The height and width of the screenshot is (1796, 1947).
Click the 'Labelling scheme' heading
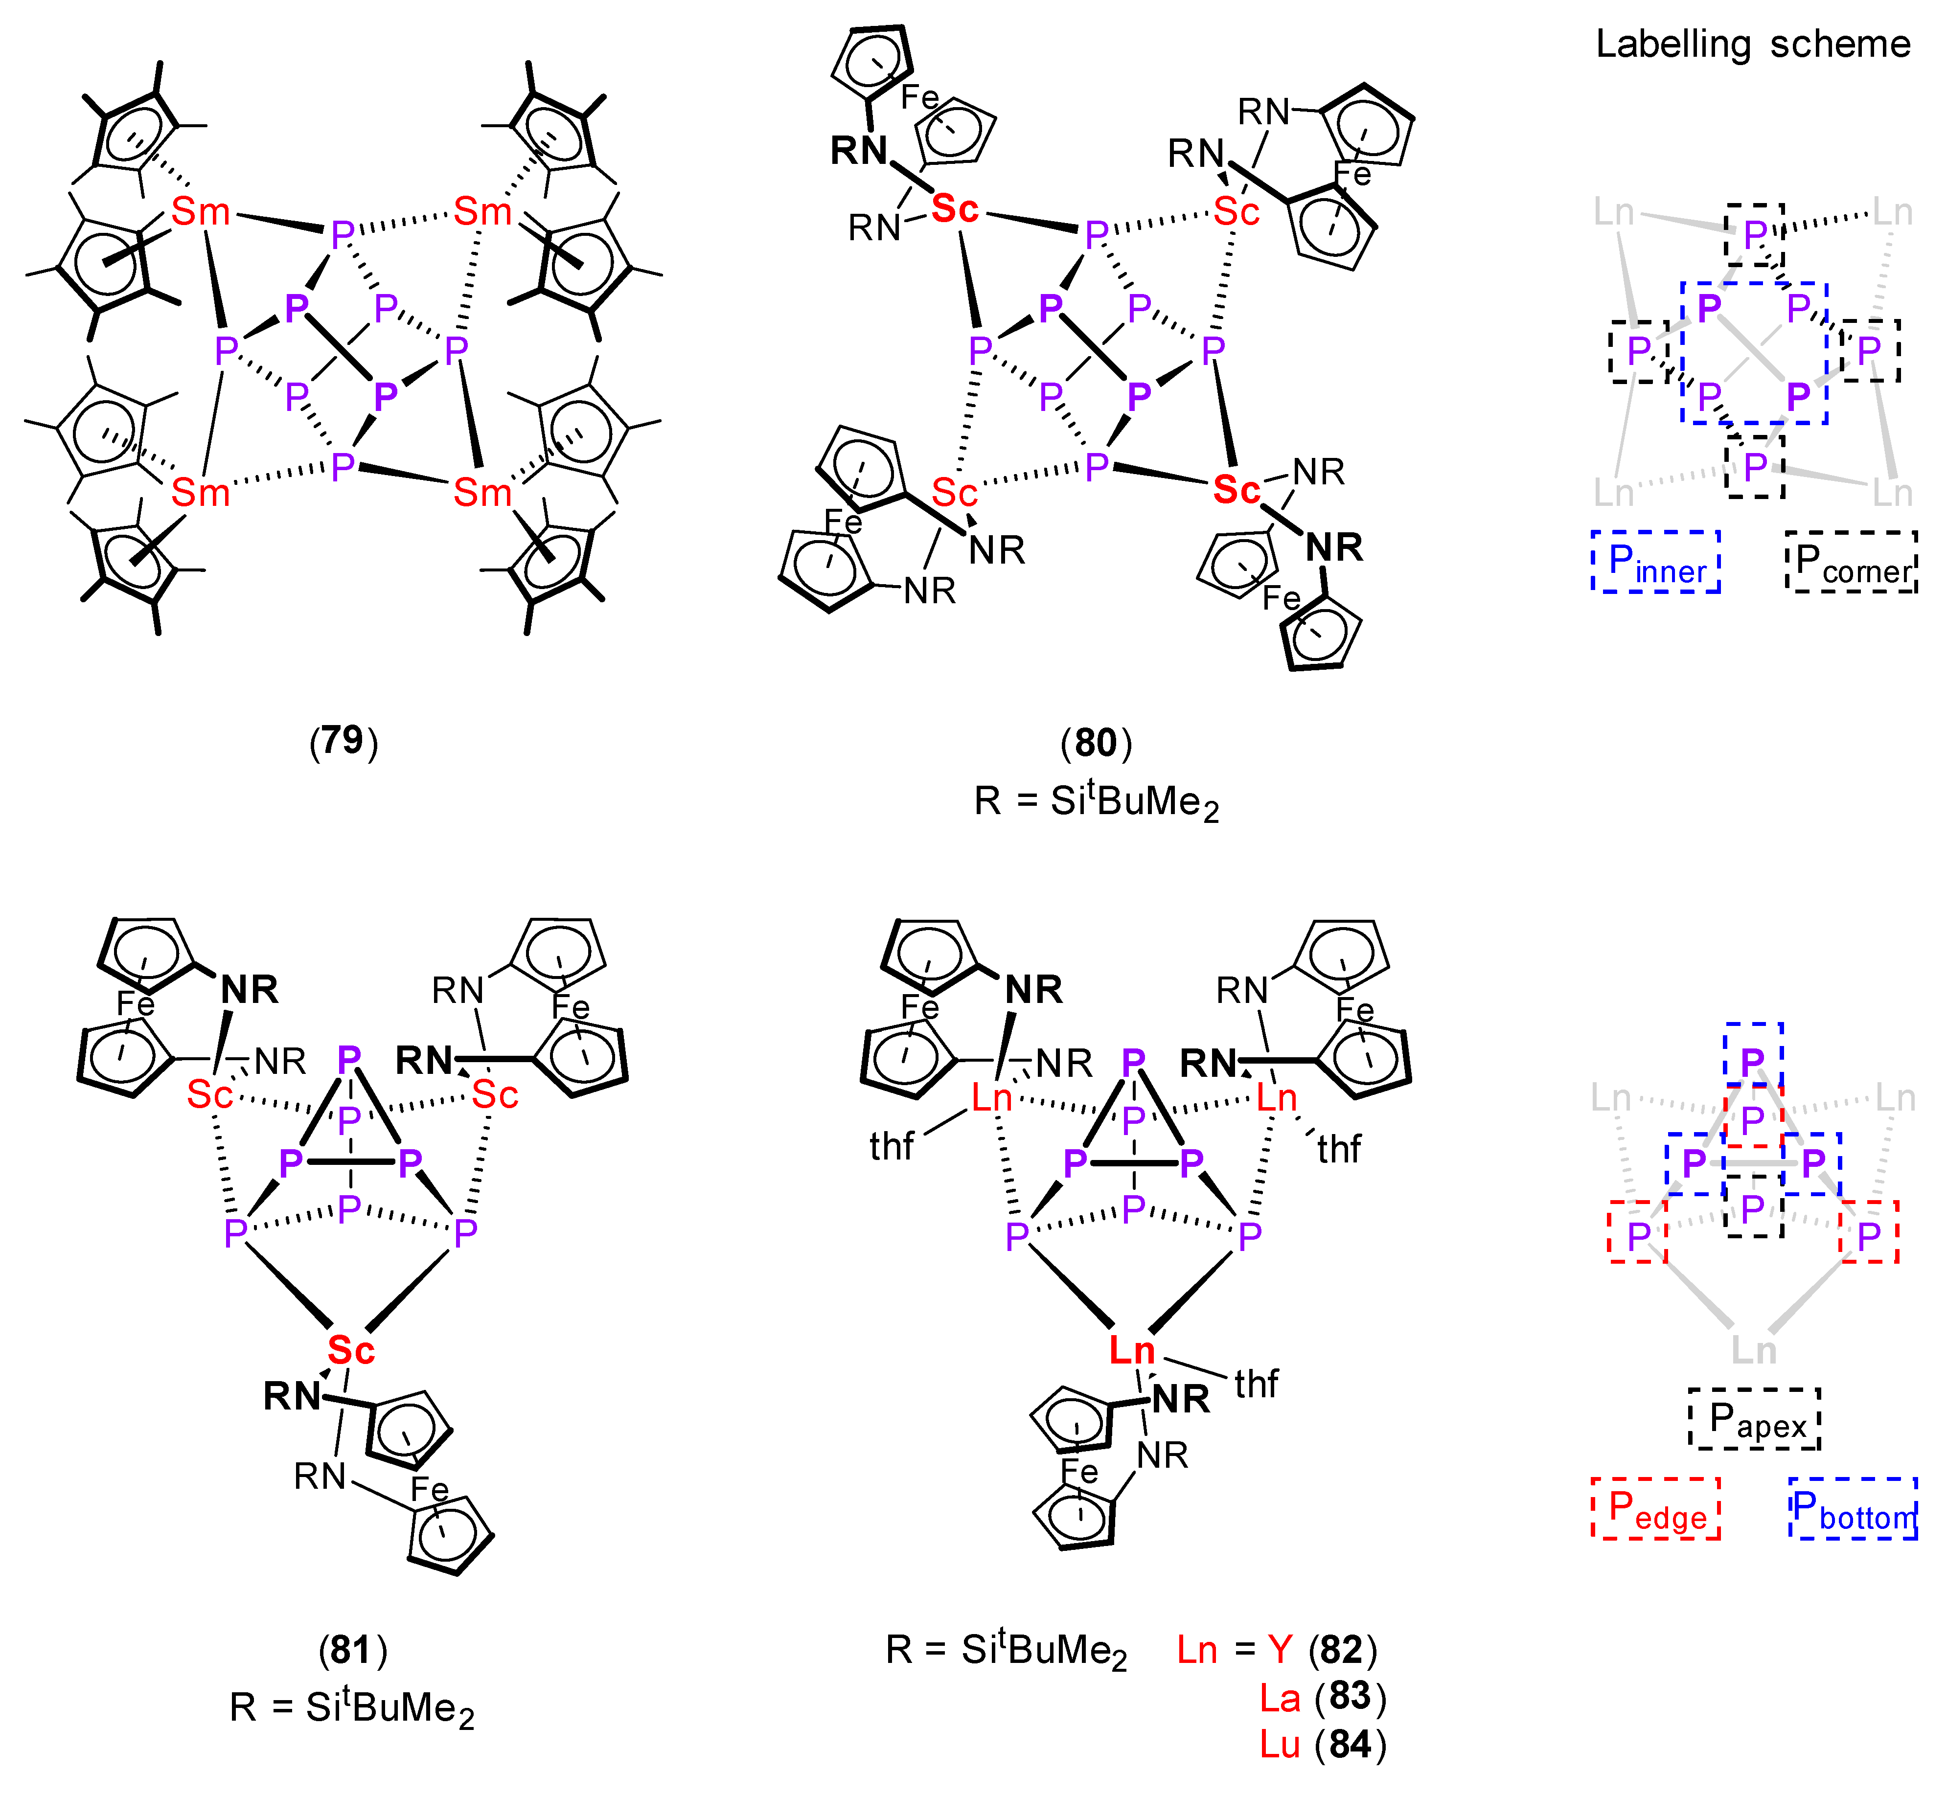click(x=1753, y=45)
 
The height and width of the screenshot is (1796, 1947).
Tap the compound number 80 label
click(x=1096, y=744)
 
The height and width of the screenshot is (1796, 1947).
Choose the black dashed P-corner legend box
click(x=1851, y=562)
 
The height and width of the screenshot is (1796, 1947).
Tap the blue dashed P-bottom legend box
click(x=1853, y=1508)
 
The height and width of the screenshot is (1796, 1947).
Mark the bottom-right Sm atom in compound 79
click(x=482, y=493)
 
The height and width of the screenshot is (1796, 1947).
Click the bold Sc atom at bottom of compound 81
click(x=351, y=1350)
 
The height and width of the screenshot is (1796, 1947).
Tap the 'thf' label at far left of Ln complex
click(x=892, y=1147)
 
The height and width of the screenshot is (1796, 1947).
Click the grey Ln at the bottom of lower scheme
click(x=1754, y=1350)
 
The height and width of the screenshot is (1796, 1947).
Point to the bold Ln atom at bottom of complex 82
click(x=1132, y=1350)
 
